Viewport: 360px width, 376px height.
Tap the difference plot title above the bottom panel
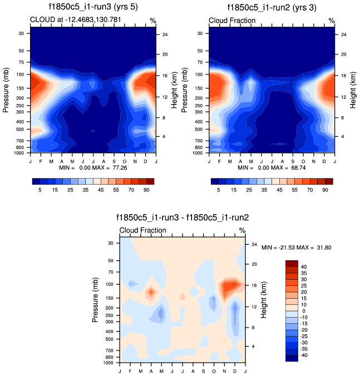[x=183, y=219]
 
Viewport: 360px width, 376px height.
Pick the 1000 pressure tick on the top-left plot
[x=19, y=152]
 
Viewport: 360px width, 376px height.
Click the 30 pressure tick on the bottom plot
[x=110, y=243]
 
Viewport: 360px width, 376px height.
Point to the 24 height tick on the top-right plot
[x=343, y=34]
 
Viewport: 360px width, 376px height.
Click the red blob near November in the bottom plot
[x=230, y=287]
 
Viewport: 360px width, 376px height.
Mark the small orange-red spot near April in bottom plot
[x=151, y=292]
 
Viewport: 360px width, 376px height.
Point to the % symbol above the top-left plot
[x=152, y=21]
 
